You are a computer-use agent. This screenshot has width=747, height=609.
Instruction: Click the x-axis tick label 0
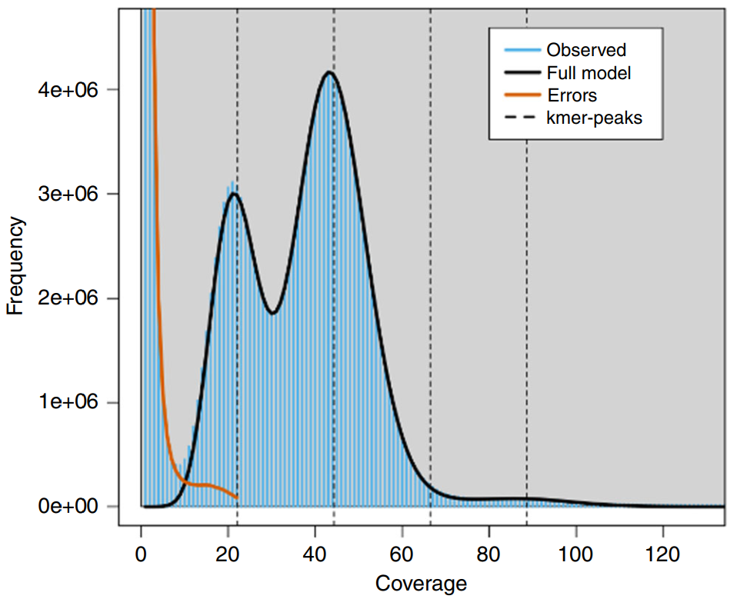click(x=141, y=554)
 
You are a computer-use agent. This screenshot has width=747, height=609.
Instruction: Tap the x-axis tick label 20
click(x=228, y=554)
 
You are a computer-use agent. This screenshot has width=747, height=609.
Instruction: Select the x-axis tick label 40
click(x=315, y=554)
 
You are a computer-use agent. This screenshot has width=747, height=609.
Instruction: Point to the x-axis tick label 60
click(x=402, y=554)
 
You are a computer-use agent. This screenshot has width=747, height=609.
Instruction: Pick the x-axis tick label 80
click(x=489, y=554)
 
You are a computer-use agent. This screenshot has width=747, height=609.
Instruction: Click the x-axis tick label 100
click(x=575, y=554)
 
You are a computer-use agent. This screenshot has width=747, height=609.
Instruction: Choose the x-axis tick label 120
click(x=662, y=554)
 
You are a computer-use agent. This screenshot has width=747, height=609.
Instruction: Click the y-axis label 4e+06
click(x=68, y=89)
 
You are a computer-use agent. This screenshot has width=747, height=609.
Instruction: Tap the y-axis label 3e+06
click(x=68, y=194)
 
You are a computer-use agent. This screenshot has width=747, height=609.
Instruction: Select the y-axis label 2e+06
click(x=68, y=298)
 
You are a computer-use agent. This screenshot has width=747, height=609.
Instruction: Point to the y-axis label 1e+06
click(x=68, y=402)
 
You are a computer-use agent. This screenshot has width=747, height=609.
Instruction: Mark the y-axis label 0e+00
click(x=68, y=506)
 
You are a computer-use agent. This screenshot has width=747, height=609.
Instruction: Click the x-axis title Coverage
click(x=421, y=584)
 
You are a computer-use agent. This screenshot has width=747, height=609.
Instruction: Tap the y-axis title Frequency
click(x=15, y=266)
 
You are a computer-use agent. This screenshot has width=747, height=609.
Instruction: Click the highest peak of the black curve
click(x=329, y=72)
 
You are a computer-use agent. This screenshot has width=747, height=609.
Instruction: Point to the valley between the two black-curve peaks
click(x=273, y=313)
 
